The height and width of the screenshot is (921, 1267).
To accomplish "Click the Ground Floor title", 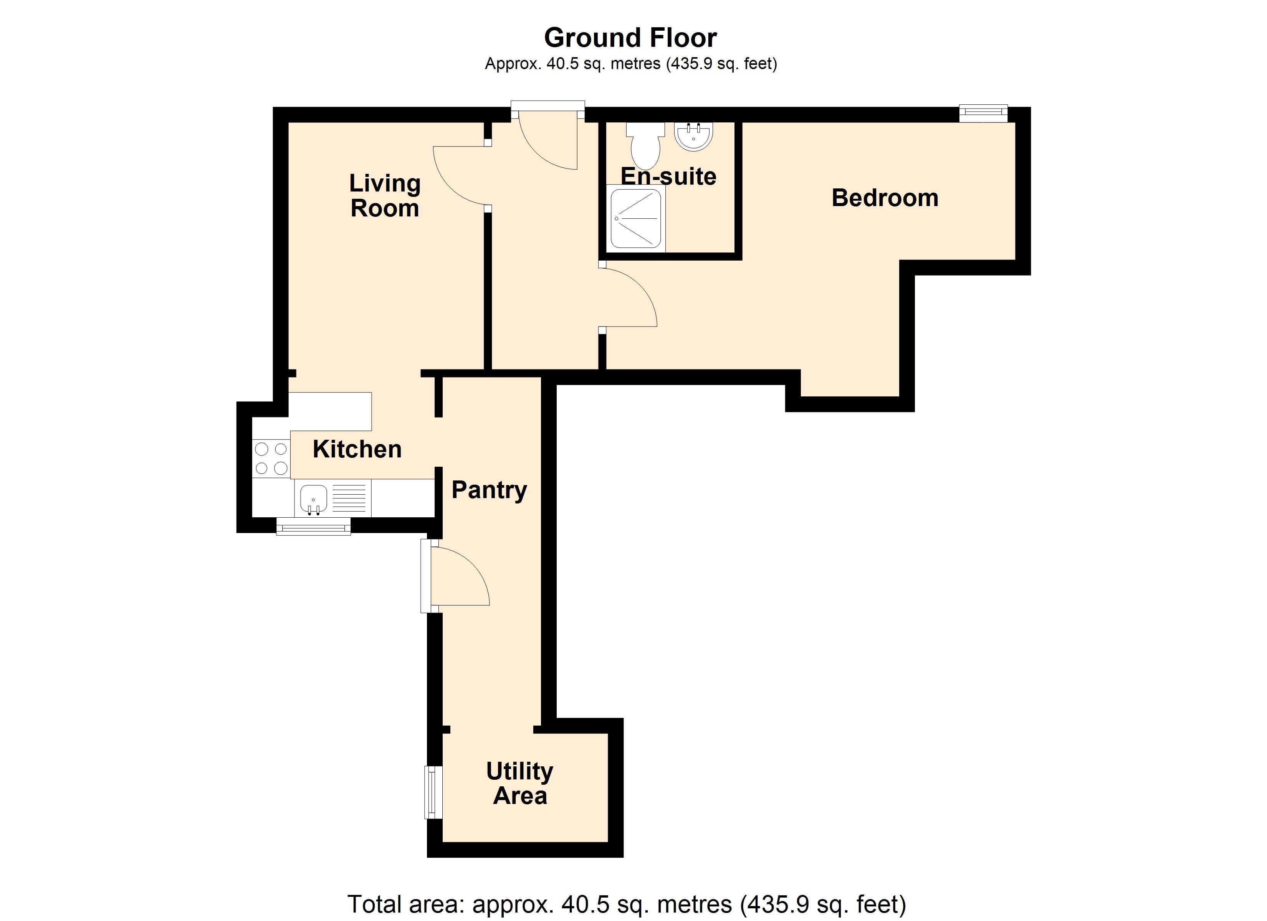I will coord(630,38).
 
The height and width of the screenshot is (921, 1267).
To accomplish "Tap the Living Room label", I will coord(385,195).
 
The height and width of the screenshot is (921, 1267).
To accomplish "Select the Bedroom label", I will coord(885,198).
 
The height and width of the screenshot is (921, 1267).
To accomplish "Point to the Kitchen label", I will coord(357,449).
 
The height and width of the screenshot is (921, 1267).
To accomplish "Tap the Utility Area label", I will coord(519,784).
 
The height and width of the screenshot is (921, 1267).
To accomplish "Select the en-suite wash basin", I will coord(694,136).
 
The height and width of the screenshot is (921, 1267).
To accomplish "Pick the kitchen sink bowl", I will coord(313,498).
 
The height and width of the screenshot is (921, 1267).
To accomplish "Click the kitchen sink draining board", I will coord(349,498).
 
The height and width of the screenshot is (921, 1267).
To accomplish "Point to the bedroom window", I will coord(984,113).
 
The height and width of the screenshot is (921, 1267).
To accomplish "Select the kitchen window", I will coord(313,526).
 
